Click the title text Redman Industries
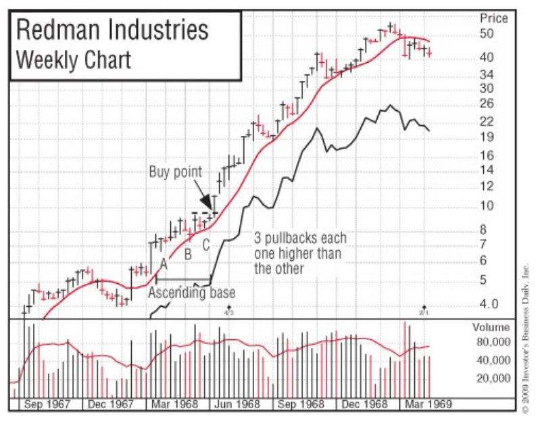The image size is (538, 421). (112, 31)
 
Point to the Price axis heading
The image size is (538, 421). (493, 18)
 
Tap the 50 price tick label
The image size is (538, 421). (487, 34)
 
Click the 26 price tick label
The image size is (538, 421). (487, 103)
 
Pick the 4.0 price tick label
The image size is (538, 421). (489, 303)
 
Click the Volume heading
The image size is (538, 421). (491, 328)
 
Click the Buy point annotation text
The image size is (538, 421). (175, 172)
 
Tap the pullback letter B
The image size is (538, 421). (189, 255)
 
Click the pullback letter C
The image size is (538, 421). (207, 245)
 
